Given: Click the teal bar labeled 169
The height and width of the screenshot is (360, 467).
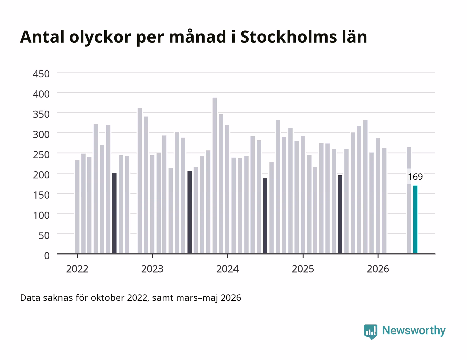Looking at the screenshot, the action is (x=415, y=220).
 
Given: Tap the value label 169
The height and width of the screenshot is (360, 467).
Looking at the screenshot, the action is (x=415, y=177).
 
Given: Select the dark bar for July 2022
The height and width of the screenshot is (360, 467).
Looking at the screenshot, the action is (x=114, y=213).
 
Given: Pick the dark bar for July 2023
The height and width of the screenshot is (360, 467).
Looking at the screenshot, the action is (x=189, y=212).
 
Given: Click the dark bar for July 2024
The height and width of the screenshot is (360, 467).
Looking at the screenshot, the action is (x=265, y=216).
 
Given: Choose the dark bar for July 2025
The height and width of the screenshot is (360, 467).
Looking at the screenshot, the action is (x=340, y=214).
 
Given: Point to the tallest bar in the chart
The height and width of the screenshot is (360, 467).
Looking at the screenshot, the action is (x=215, y=176).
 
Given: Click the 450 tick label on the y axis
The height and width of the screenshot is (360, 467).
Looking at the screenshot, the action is (x=41, y=74).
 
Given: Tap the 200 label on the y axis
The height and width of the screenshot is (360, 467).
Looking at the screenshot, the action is (x=41, y=175).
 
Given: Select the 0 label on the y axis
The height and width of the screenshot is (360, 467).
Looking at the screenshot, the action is (x=47, y=256).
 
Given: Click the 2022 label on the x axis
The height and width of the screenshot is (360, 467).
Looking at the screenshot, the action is (x=77, y=269).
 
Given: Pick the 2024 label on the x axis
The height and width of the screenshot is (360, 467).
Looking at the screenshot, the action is (x=227, y=269).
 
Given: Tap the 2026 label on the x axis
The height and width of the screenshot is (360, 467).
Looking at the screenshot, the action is (x=378, y=269).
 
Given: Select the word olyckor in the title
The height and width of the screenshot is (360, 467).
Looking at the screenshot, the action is (x=100, y=38).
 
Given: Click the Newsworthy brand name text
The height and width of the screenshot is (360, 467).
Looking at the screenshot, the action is (x=414, y=331).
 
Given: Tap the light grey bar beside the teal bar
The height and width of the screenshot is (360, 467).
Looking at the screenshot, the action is (x=409, y=201).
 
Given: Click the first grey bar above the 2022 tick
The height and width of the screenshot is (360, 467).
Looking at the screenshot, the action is (x=77, y=207).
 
